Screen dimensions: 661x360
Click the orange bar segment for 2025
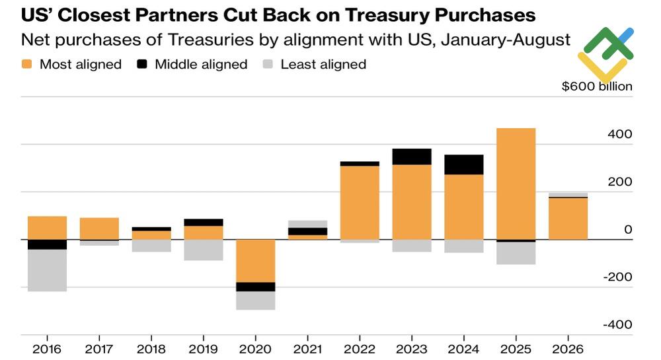(516, 184)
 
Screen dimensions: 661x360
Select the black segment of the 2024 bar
(464, 164)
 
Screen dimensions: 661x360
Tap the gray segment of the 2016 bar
(47, 270)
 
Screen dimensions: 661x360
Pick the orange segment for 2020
(255, 261)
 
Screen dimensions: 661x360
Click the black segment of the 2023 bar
(412, 157)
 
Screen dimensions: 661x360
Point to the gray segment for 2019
(204, 250)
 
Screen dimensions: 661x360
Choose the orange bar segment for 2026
(568, 219)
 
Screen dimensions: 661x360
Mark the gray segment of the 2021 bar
(308, 224)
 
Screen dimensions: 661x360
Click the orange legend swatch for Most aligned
(26, 64)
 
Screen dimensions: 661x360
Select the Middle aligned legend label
(201, 65)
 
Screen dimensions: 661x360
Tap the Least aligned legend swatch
(268, 64)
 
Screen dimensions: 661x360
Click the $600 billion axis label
(597, 87)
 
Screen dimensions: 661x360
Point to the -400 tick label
(617, 324)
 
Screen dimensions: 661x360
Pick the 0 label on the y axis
(628, 229)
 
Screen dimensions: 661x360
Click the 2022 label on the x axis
(360, 349)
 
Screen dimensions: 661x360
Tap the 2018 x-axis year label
(151, 349)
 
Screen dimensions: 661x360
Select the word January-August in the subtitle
(506, 40)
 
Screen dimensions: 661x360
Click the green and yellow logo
(605, 55)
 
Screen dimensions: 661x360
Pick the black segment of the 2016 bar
(47, 244)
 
